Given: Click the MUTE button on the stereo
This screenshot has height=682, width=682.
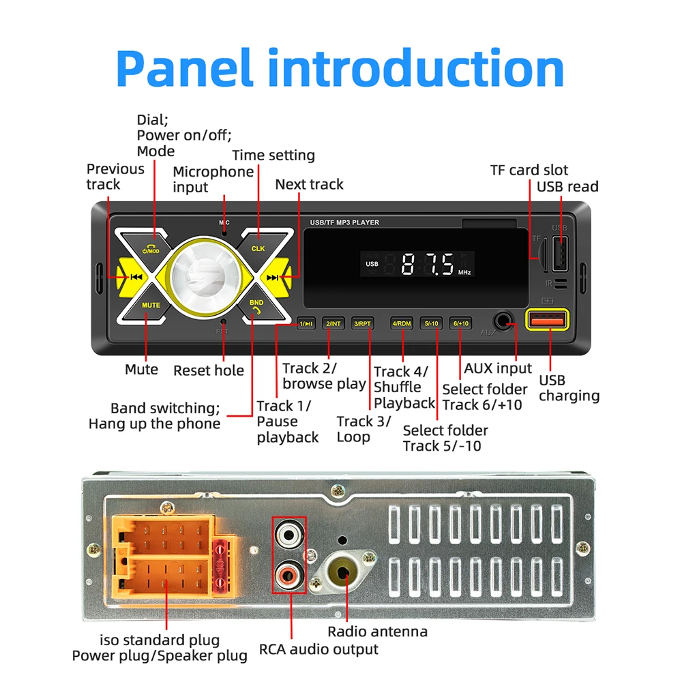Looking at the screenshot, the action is [x=151, y=305].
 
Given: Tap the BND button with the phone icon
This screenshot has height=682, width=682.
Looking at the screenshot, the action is [x=256, y=305].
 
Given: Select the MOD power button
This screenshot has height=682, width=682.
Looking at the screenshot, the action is [x=151, y=249].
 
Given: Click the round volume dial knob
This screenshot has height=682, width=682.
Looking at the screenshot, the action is [x=203, y=277].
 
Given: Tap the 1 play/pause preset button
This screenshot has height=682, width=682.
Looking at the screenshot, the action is [x=306, y=323].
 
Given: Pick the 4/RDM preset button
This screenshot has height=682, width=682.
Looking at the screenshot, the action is [x=402, y=323].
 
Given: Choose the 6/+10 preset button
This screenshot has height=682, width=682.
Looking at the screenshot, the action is [x=460, y=323].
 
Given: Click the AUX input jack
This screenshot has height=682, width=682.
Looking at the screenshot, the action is [x=505, y=321].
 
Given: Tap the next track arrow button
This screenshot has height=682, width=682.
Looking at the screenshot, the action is [x=274, y=277].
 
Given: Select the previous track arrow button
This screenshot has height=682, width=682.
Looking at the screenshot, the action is [x=134, y=277].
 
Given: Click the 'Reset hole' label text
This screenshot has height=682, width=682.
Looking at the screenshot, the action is [x=208, y=370].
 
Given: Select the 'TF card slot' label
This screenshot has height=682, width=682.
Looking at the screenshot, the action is [x=529, y=170].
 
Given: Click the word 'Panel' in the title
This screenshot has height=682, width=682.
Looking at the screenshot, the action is [x=184, y=68].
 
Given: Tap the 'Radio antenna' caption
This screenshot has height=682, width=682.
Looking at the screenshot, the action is [x=377, y=632].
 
